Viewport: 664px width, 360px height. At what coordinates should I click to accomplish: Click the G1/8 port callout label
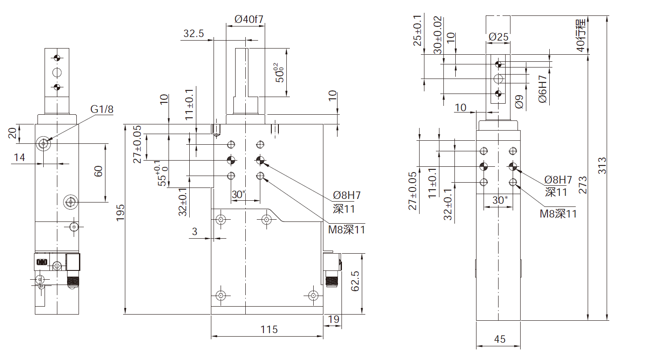[102, 109]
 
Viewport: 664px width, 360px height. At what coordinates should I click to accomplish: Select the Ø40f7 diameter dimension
[249, 19]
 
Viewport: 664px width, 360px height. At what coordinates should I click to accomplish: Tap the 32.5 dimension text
[194, 34]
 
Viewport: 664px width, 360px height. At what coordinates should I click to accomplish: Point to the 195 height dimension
[120, 213]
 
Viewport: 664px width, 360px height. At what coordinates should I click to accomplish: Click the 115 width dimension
[269, 330]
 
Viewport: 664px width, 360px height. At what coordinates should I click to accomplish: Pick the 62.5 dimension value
[355, 281]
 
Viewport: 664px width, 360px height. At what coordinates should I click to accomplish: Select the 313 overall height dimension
[602, 165]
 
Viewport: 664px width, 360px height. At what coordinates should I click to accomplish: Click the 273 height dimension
[583, 184]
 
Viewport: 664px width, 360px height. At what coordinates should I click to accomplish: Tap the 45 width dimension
[499, 339]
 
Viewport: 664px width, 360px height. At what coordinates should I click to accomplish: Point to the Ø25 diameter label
[499, 37]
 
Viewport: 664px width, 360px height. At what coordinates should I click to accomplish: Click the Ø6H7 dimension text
[542, 90]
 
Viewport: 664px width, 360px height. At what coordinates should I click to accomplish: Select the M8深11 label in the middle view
[346, 230]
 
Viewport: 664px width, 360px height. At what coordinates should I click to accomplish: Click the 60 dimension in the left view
[98, 171]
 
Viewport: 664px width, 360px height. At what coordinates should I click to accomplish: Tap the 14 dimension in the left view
[19, 157]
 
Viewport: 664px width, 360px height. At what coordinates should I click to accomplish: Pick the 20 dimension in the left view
[12, 132]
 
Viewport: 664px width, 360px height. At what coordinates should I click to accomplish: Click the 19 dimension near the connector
[334, 319]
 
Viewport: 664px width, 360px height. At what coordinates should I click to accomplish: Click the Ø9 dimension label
[520, 101]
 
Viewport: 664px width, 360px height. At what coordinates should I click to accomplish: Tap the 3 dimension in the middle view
[195, 232]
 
